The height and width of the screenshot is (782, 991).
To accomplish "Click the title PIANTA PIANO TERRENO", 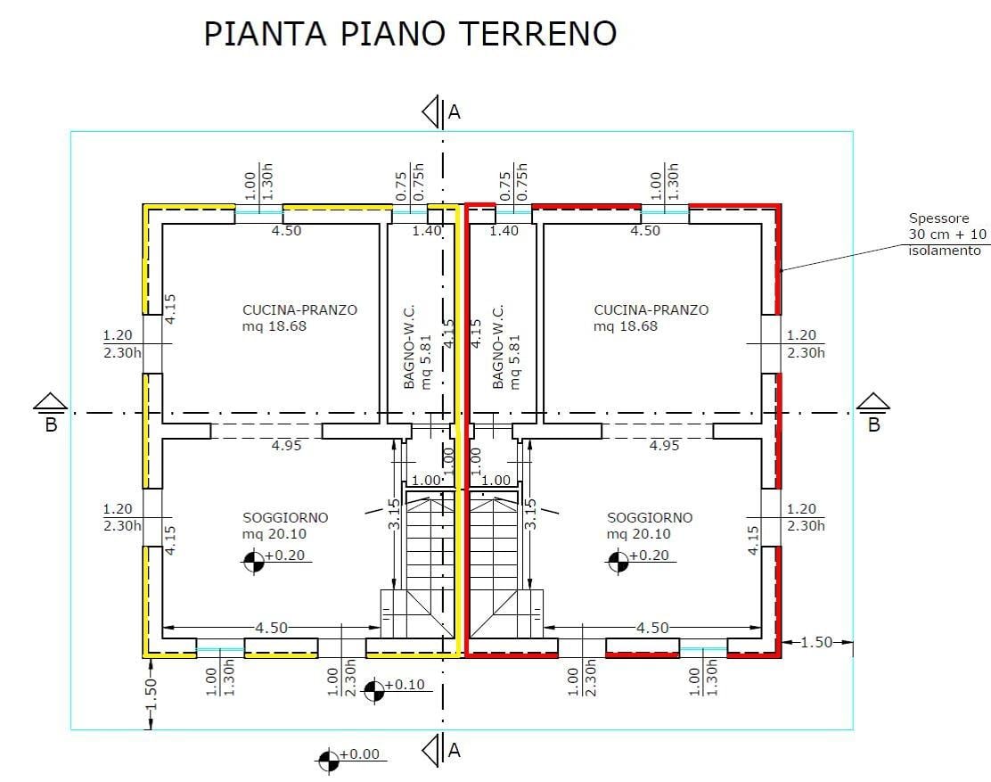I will [x=410, y=34].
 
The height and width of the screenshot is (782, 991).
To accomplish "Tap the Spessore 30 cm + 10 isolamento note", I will [x=947, y=235].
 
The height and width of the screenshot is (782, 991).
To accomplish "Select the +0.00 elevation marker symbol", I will [x=329, y=759].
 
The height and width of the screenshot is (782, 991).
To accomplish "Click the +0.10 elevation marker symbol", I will [x=374, y=688].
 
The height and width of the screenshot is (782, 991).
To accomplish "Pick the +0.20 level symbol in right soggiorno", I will [x=618, y=561].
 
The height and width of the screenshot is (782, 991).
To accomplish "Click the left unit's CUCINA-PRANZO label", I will [x=299, y=310].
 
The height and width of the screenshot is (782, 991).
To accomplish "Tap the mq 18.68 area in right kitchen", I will [x=626, y=326].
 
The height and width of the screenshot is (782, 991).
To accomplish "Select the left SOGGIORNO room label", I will [x=285, y=517].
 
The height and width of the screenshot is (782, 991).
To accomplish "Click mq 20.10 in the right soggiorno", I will [x=639, y=534].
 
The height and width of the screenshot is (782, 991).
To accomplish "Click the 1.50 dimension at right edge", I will [x=815, y=642].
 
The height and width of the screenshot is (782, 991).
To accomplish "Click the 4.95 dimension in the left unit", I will [x=286, y=445].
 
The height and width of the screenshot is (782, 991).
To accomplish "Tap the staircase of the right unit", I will [x=495, y=562].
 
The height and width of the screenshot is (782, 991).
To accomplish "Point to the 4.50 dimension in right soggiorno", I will [x=652, y=628].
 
